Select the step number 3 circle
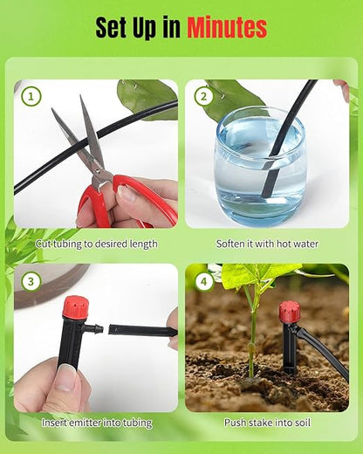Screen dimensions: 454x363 tap(32, 282)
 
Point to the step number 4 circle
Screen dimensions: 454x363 tap(204, 282)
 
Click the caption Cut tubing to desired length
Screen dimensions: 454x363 tap(96, 244)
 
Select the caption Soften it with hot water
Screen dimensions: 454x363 tap(267, 244)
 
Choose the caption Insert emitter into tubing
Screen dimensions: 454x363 tap(96, 423)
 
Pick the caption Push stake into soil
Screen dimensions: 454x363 tap(267, 423)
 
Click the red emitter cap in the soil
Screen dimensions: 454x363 tap(289, 313)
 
